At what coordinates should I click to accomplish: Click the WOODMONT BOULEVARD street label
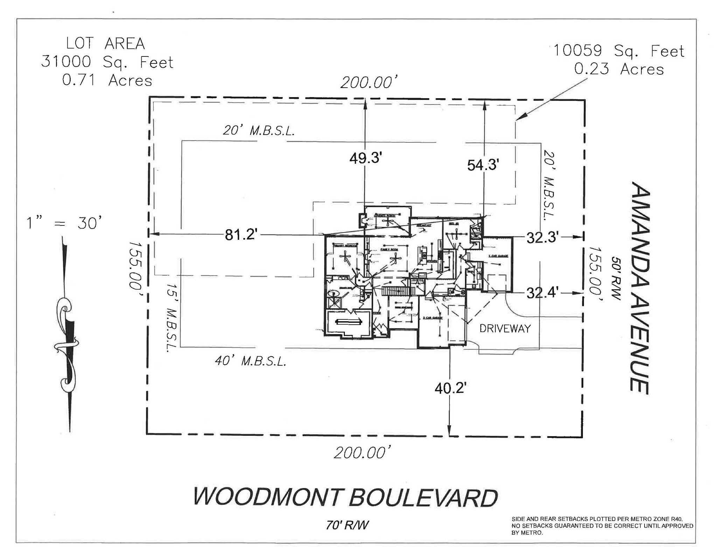point(345,498)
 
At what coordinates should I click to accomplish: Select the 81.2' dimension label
point(241,235)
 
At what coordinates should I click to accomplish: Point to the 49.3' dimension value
point(365,158)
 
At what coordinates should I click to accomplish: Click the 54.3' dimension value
point(483,165)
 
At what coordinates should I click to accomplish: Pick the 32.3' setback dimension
point(542,238)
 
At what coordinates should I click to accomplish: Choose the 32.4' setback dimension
point(542,292)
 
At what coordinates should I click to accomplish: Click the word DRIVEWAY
point(505,329)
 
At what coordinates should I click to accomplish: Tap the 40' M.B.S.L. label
point(250,361)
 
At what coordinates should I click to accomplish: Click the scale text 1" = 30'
point(65,223)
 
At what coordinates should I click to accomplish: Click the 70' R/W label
point(347,525)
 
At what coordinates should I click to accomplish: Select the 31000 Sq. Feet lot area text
point(107,62)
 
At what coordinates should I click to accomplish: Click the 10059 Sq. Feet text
point(618,52)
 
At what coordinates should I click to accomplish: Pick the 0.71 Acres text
point(107,80)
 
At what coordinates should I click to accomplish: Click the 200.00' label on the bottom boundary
point(362,453)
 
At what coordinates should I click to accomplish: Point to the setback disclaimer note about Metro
point(602,526)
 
